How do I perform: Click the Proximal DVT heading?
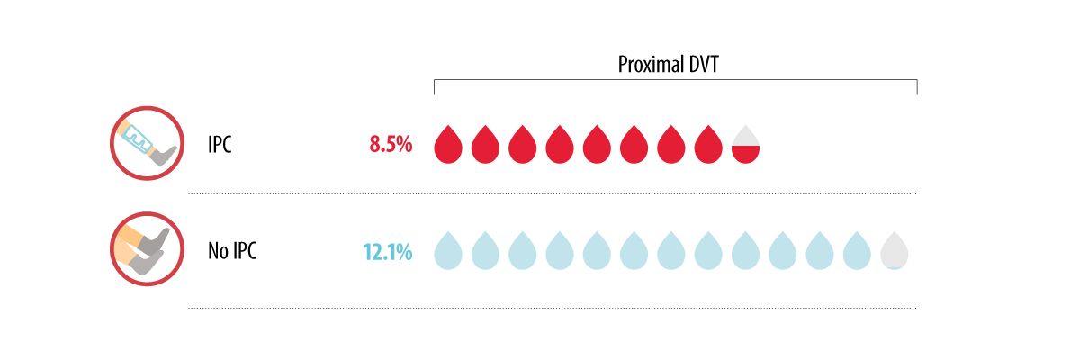675,65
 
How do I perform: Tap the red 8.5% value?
391,144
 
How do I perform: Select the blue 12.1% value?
388,252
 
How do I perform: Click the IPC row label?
220,144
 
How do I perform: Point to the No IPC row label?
232,252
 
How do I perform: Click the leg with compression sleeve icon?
146,144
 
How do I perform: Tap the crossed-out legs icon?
146,250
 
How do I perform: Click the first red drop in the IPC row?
448,146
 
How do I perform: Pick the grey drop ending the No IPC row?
894,253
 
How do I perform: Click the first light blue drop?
448,253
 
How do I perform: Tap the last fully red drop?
708,146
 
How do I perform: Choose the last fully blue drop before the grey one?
857,253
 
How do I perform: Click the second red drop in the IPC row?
485,146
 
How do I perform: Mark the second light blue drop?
485,253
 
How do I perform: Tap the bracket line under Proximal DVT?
675,81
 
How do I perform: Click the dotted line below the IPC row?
552,193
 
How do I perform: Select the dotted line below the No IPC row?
552,308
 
